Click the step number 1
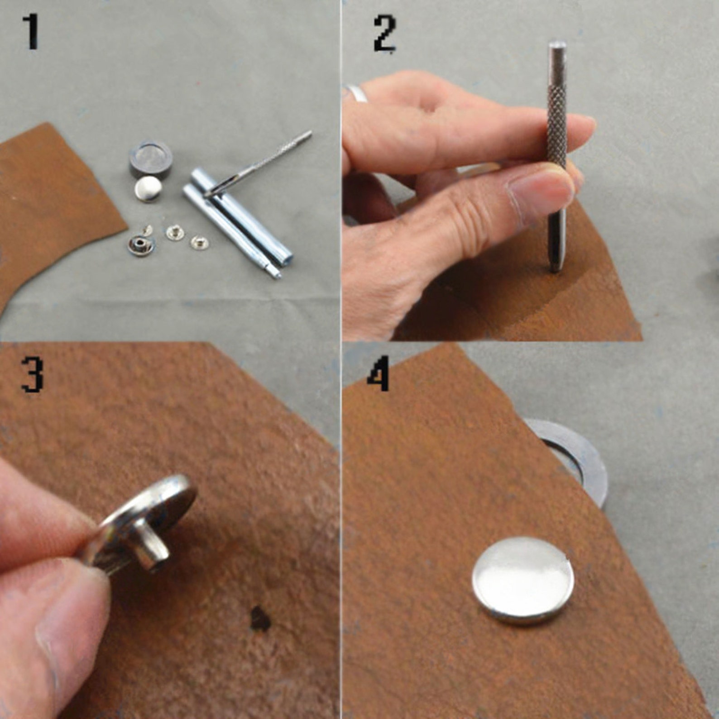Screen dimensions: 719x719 click(31, 32)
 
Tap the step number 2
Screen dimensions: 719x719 click(385, 34)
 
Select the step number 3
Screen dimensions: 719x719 click(32, 374)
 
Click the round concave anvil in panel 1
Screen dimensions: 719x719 click(150, 161)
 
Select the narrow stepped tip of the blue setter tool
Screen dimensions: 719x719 click(274, 271)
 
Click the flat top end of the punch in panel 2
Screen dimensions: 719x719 click(557, 45)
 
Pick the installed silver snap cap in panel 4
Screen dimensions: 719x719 click(523, 581)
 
